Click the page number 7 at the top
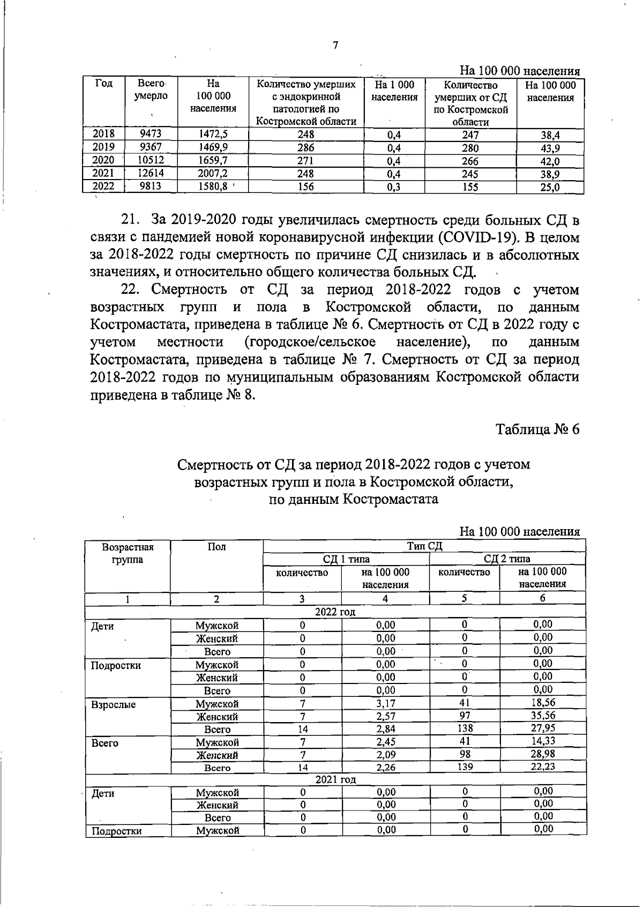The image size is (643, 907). tap(335, 46)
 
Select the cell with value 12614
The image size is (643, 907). tap(150, 173)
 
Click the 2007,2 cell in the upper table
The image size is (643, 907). tap(213, 173)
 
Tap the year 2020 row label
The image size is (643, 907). tap(103, 160)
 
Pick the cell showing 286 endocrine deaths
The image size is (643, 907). tap(305, 147)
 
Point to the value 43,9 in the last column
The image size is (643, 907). tap(550, 148)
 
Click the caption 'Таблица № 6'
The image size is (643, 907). tap(537, 429)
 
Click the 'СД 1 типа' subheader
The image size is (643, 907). tap(346, 559)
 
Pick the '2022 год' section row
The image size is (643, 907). tap(335, 612)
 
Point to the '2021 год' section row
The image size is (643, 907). tap(335, 779)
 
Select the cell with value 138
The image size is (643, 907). tap(465, 728)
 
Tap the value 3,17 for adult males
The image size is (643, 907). tap(385, 703)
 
